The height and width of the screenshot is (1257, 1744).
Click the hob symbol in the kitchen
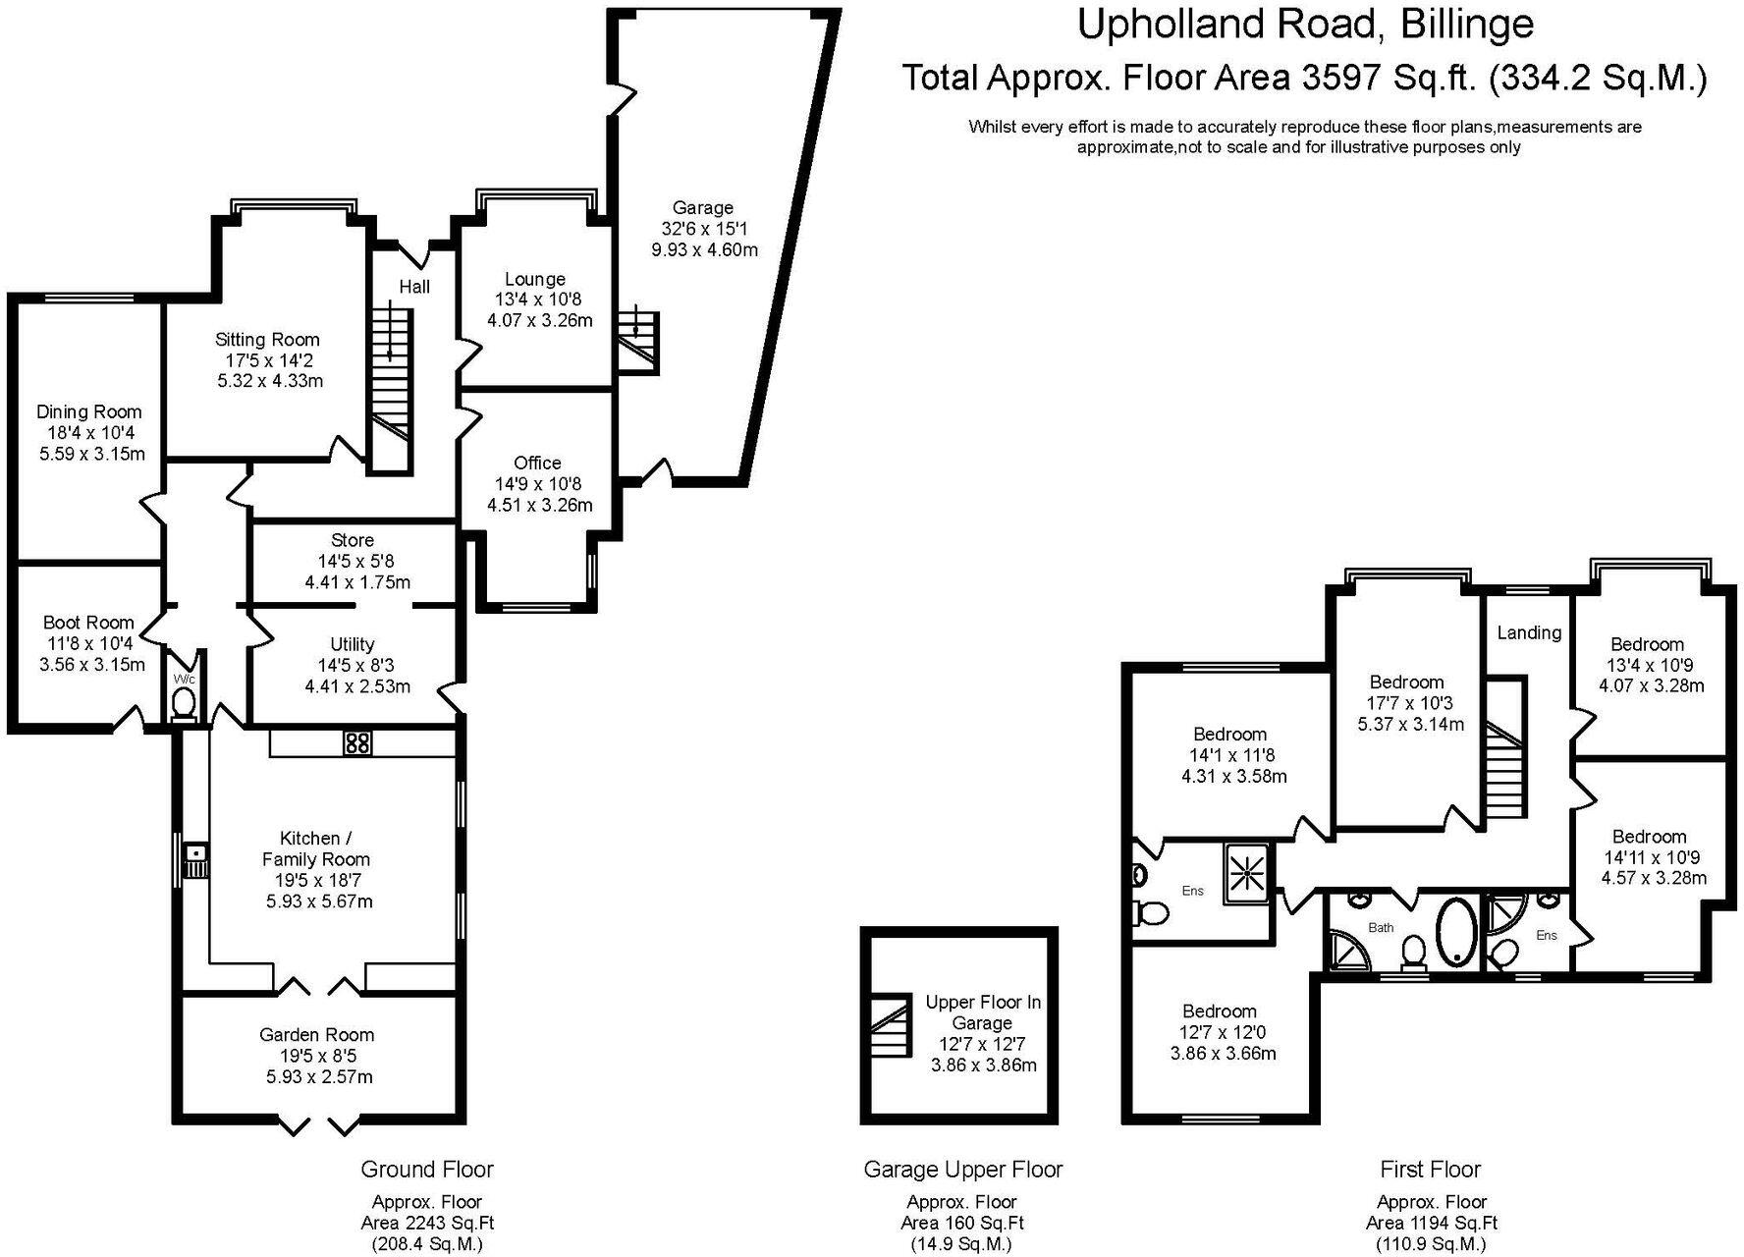coord(357,743)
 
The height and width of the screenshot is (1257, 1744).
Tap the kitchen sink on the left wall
coord(196,861)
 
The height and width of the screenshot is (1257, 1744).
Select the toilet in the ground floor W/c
coord(184,702)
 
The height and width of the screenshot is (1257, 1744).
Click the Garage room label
coord(702,207)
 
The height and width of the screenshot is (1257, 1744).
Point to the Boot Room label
coord(88,623)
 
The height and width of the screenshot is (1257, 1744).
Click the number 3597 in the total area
coord(1341,78)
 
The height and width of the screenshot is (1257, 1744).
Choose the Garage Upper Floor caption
coord(962,1170)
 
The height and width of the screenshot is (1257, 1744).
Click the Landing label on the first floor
coord(1529,632)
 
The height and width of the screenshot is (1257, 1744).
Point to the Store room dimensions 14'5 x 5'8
coord(353,561)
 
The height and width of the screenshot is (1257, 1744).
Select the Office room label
coord(537,463)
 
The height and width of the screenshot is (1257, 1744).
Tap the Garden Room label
coord(316,1034)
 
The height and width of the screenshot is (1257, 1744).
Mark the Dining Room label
coord(89,411)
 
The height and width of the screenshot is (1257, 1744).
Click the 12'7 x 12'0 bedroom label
coord(1219,1011)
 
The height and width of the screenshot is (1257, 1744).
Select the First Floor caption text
coord(1429,1170)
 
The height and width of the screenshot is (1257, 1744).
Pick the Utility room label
coord(353,644)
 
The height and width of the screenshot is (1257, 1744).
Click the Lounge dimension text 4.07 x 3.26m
coord(539,320)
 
